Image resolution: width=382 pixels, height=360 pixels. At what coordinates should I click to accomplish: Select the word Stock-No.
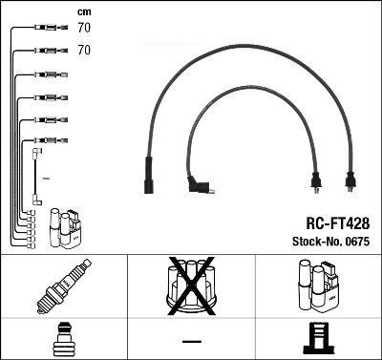coord(314,240)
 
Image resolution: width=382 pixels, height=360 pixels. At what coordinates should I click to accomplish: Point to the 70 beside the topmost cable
coord(84,29)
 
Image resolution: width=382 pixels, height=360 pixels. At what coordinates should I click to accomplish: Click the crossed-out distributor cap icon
coord(191,286)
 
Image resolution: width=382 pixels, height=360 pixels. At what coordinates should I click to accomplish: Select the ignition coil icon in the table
coord(318,286)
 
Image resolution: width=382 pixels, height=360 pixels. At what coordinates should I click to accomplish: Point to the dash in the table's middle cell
coord(191,340)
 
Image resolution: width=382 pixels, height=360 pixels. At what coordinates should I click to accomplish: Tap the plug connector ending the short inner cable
coord(316,181)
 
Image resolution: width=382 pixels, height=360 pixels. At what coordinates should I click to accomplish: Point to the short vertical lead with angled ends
coord(36,176)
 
